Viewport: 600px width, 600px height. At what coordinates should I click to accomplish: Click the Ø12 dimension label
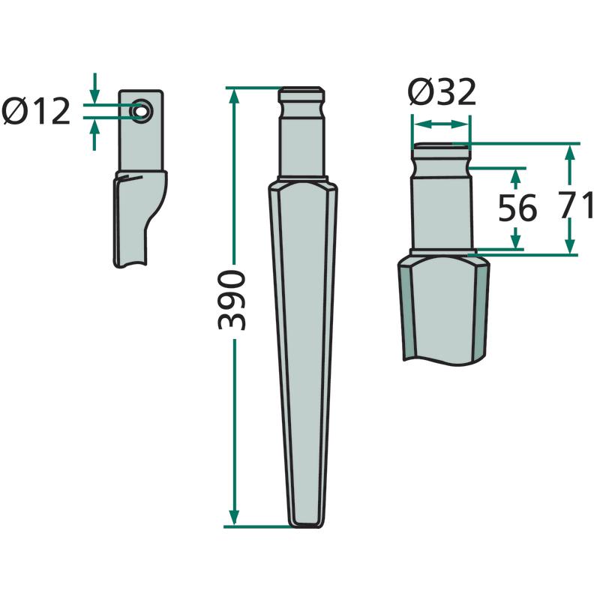[x=36, y=111]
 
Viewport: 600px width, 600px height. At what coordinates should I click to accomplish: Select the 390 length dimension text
[x=231, y=299]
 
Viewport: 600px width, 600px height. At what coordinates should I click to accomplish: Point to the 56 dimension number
[x=517, y=208]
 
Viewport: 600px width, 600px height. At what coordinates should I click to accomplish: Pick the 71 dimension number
[x=576, y=205]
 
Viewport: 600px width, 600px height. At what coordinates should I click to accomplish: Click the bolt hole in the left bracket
[x=141, y=111]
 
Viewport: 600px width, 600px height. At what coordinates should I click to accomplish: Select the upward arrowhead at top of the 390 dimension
[x=234, y=98]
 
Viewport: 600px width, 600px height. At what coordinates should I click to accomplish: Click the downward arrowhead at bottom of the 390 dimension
[x=234, y=517]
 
